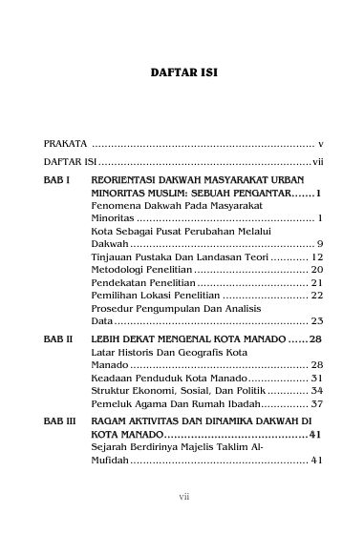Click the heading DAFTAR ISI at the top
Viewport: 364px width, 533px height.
click(x=182, y=72)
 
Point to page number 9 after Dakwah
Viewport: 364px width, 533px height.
click(x=320, y=244)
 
